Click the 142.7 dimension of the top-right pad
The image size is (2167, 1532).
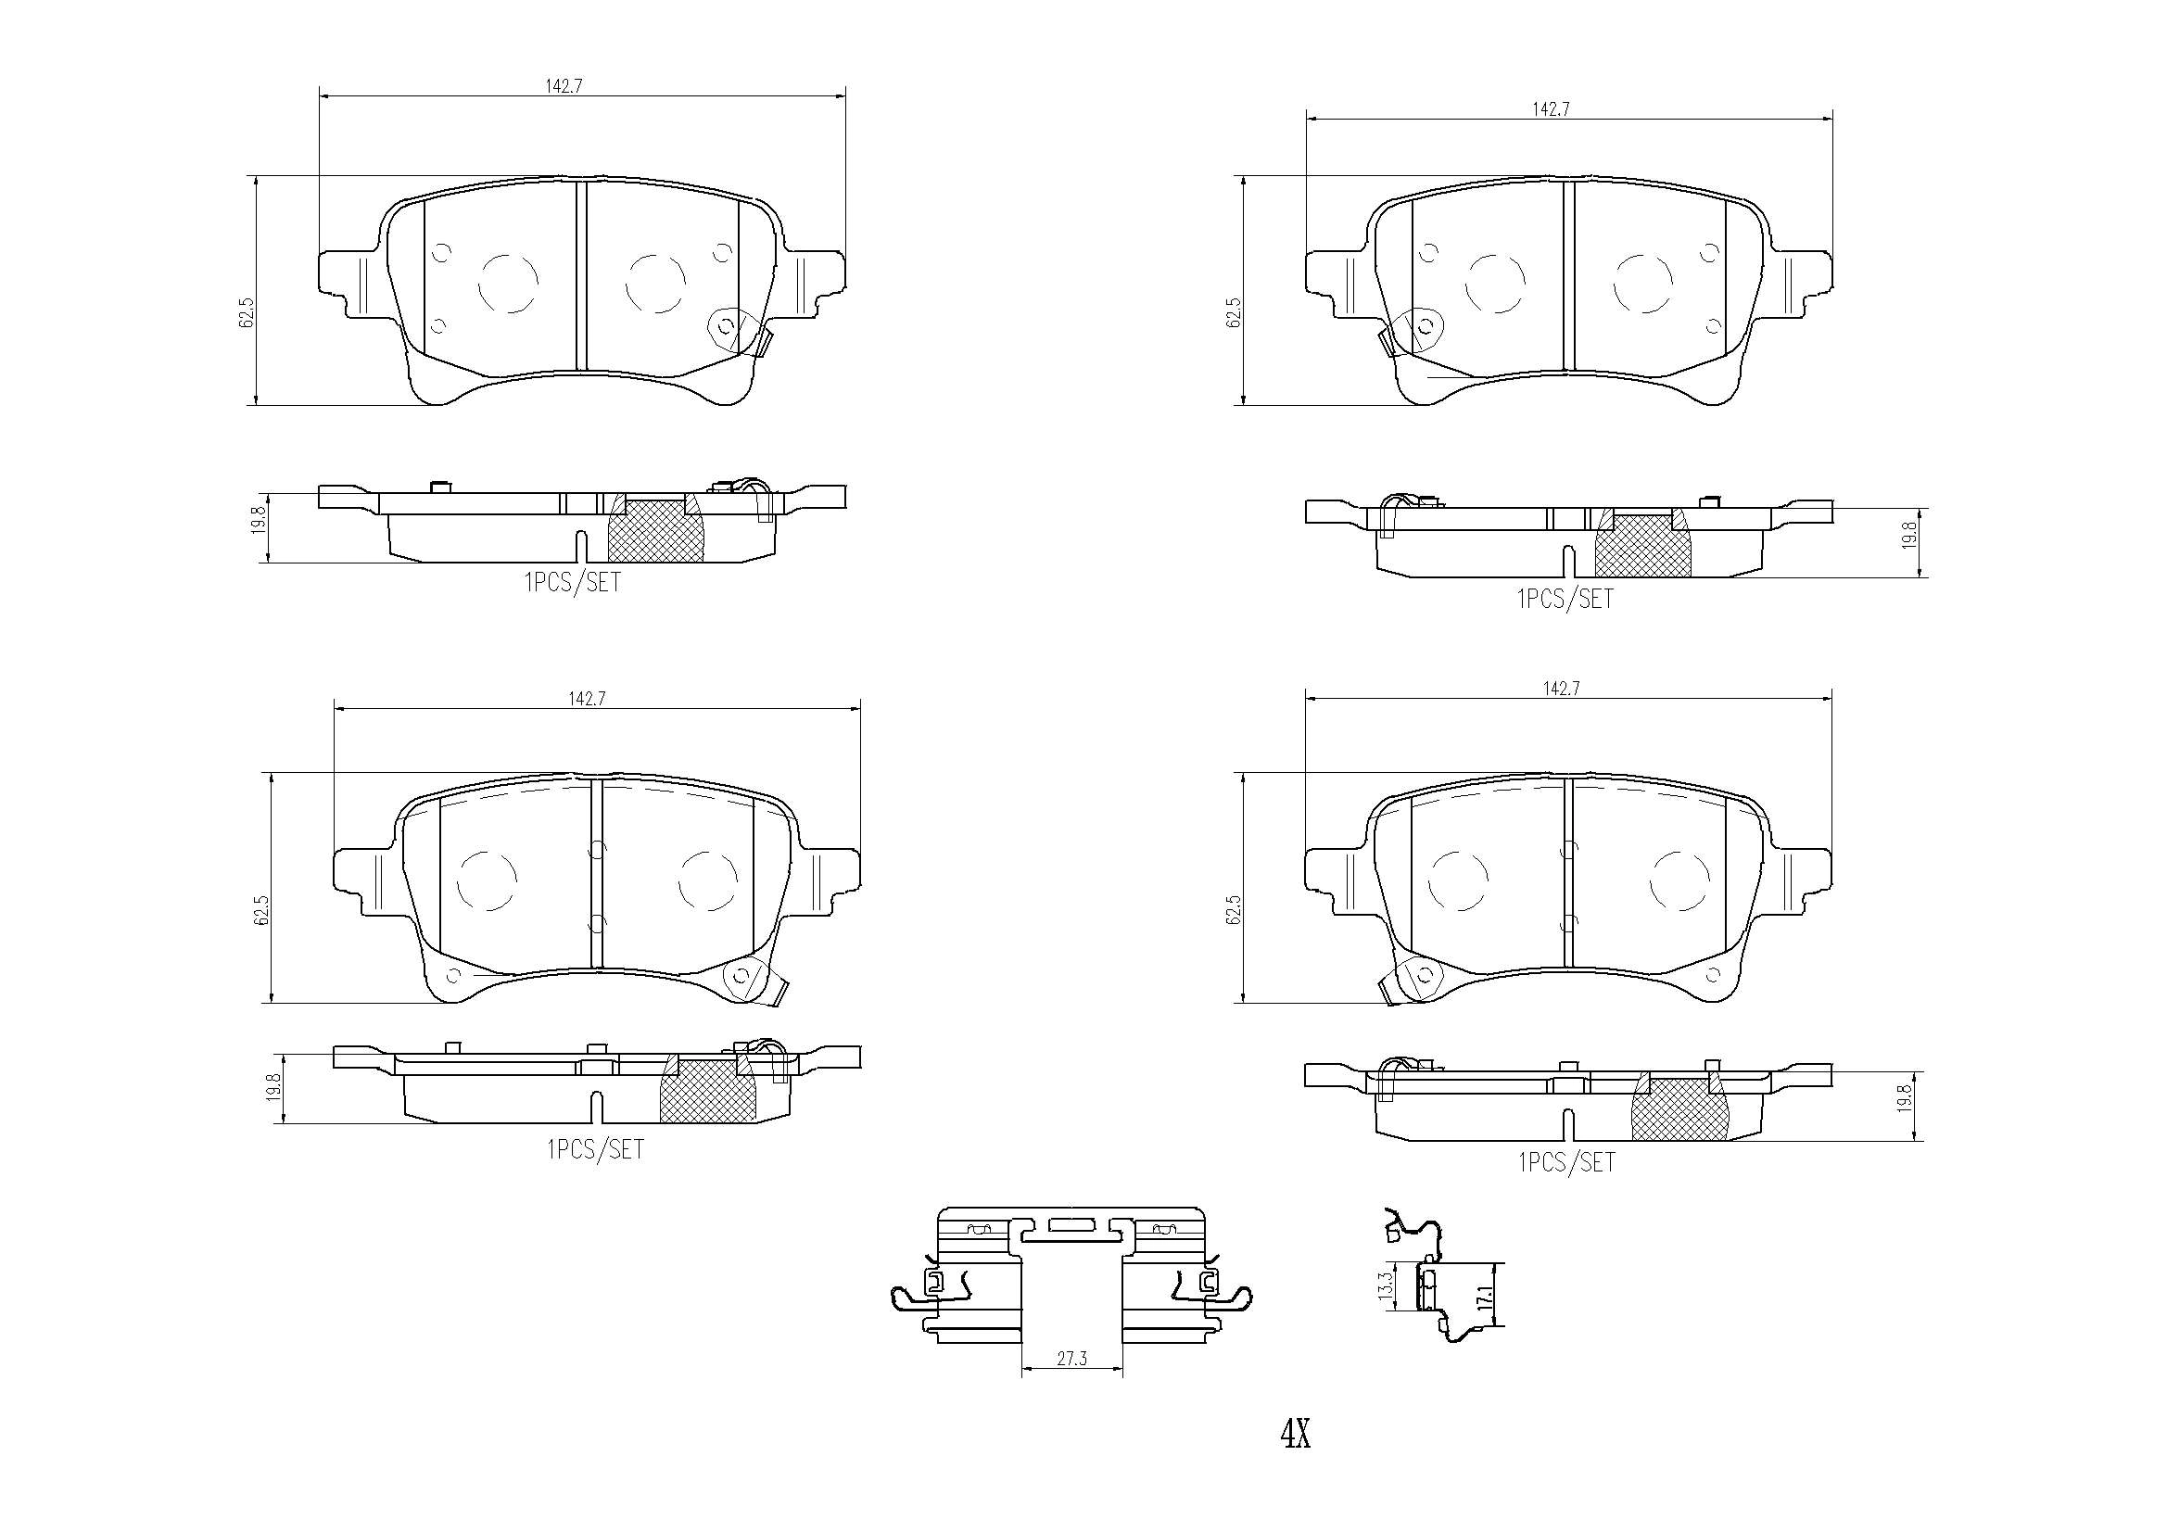click(x=1550, y=108)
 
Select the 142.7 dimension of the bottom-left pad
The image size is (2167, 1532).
click(x=586, y=699)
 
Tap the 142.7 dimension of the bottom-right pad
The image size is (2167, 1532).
click(x=1561, y=689)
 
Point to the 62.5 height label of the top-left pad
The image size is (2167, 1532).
click(x=247, y=311)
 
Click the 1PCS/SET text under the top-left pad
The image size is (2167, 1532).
click(x=573, y=583)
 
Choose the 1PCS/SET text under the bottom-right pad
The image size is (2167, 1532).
click(x=1566, y=1163)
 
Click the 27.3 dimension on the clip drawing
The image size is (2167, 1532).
click(x=1072, y=1360)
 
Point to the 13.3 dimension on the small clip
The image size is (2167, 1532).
click(x=1387, y=1286)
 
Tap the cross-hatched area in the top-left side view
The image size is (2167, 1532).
click(x=655, y=531)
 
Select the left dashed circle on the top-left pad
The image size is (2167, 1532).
click(x=509, y=283)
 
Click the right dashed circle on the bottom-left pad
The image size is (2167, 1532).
click(x=708, y=880)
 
